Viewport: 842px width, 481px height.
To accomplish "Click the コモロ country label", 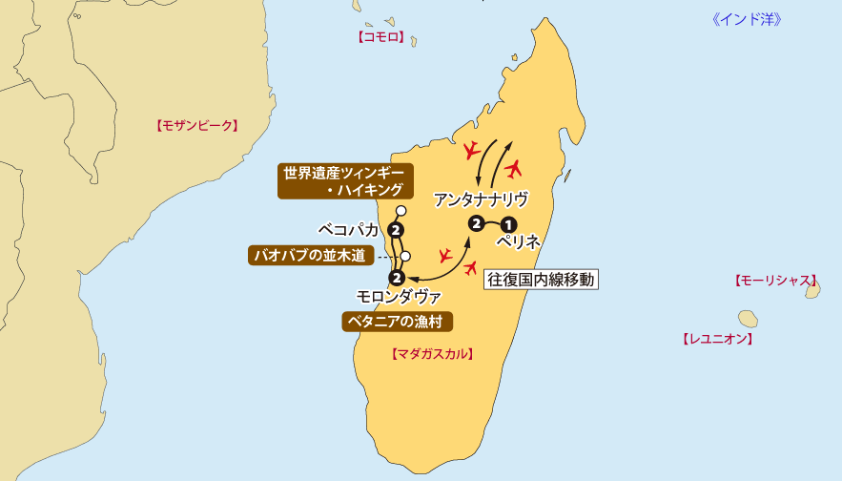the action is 381,37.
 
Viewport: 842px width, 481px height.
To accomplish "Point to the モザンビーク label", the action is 195,125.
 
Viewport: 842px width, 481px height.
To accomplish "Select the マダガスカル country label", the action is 433,353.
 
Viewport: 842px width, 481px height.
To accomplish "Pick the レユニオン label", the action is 718,338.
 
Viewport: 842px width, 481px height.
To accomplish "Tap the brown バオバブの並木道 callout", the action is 309,256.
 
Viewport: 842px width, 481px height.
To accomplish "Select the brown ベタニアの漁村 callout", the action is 397,321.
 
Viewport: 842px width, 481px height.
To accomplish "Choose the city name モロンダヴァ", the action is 399,297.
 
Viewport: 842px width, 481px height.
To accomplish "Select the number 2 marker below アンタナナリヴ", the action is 475,223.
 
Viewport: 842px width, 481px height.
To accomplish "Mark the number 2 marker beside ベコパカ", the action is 395,230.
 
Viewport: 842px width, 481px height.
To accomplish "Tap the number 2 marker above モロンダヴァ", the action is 397,278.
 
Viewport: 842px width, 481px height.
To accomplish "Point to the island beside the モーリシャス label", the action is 812,289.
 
